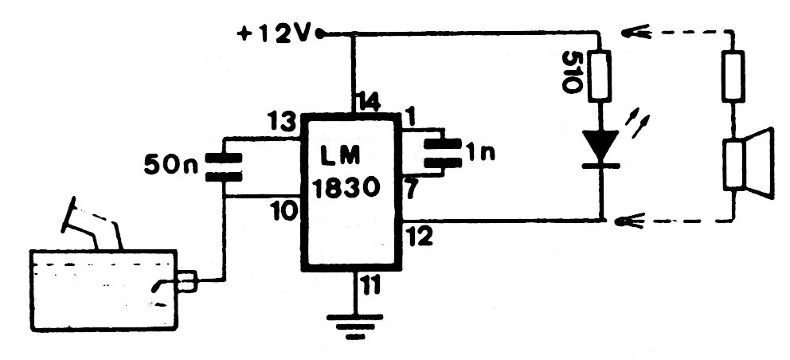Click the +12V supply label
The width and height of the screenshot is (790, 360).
click(x=276, y=35)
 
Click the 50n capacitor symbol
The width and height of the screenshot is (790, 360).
click(x=223, y=164)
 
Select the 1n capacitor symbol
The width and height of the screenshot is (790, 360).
click(x=441, y=154)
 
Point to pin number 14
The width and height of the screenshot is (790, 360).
click(x=368, y=102)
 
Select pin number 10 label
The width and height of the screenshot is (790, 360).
click(x=283, y=211)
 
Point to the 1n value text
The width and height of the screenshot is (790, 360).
click(x=481, y=153)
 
